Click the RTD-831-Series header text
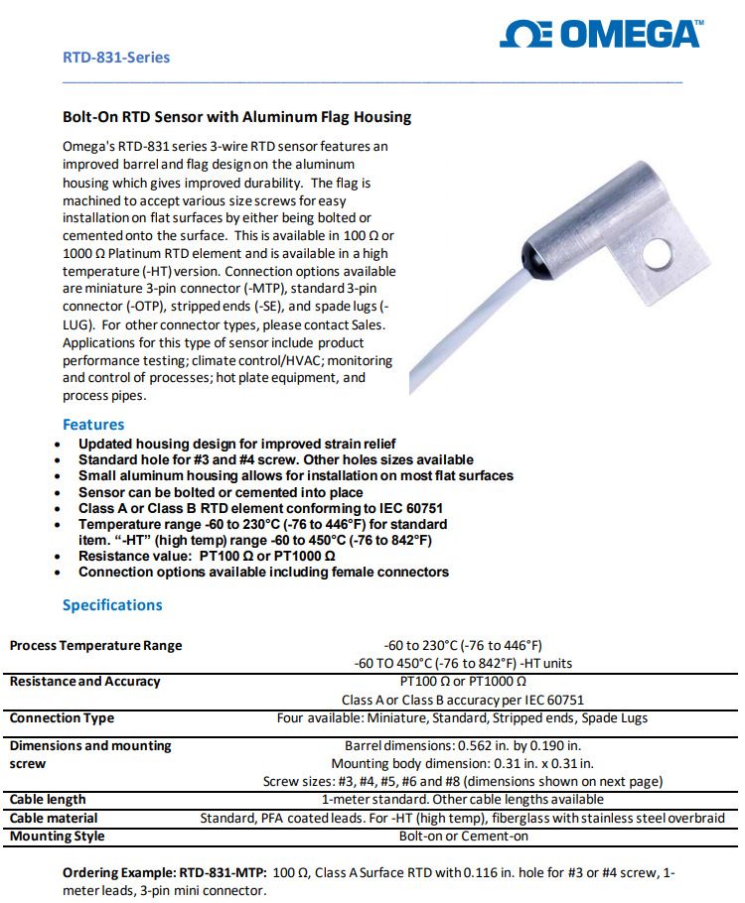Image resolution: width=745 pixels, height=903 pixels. click(116, 58)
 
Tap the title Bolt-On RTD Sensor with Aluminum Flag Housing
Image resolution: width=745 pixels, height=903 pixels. click(236, 117)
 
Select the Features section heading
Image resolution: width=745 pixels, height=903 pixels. click(93, 425)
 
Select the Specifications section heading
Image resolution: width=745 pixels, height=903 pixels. click(112, 605)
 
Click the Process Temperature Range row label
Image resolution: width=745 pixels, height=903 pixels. click(96, 646)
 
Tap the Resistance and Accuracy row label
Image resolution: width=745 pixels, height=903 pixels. click(84, 682)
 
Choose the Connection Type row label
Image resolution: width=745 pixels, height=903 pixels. click(62, 718)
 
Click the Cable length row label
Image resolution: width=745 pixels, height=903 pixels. click(48, 800)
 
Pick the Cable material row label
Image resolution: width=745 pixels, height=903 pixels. click(54, 819)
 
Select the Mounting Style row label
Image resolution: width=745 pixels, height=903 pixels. click(57, 837)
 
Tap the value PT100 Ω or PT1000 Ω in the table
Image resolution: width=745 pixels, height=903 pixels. click(462, 682)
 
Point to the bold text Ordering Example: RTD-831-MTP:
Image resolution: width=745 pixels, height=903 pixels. click(165, 872)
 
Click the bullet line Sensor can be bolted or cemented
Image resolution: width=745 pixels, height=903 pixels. click(221, 492)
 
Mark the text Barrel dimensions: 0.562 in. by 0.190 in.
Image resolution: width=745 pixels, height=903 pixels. click(462, 745)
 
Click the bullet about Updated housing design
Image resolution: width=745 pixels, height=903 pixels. click(236, 444)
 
